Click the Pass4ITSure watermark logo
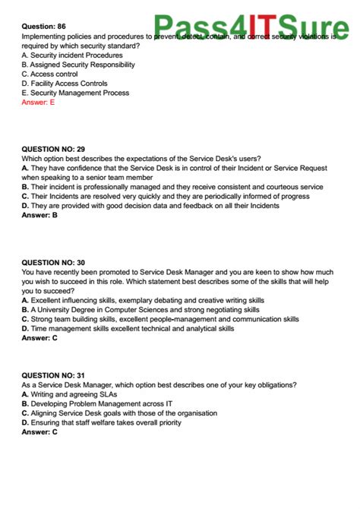(251, 29)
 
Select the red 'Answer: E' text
(38, 102)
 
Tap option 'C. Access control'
(49, 74)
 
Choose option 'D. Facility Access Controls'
(65, 84)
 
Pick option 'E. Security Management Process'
(75, 93)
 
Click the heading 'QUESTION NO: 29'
(53, 149)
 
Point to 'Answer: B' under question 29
(39, 215)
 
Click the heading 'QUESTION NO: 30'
(53, 262)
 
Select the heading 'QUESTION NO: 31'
(53, 375)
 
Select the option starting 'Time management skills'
(128, 328)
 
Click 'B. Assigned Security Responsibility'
(78, 65)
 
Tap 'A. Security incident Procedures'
(72, 55)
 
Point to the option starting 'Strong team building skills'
(160, 319)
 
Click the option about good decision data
(150, 205)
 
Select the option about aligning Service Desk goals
(119, 413)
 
